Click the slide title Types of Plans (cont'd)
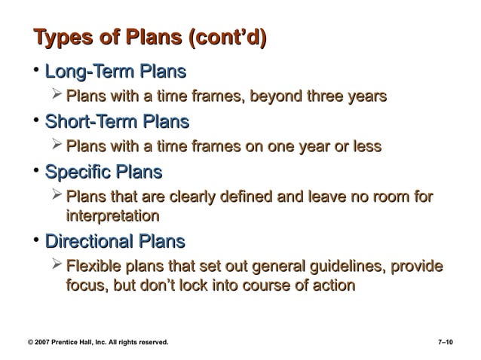pos(149,38)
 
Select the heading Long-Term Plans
pos(115,73)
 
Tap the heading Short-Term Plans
pos(117,121)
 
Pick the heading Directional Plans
pos(115,242)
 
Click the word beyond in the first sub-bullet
pos(276,97)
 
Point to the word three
pos(327,97)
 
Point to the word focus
pos(85,286)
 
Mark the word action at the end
pos(328,286)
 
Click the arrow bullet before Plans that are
pos(57,197)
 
